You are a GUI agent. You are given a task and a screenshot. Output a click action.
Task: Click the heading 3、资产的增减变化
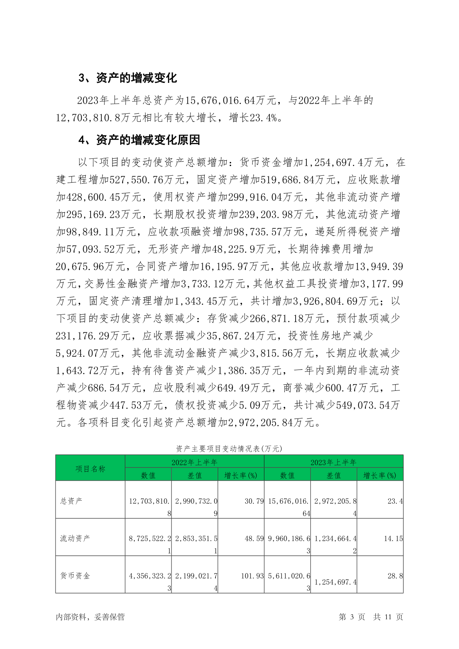pos(128,78)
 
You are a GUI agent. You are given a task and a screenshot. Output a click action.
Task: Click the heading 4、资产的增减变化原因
pos(139,140)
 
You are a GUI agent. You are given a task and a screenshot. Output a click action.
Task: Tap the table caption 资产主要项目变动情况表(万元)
pos(229,449)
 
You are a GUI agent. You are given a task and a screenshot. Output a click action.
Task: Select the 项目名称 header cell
pos(90,469)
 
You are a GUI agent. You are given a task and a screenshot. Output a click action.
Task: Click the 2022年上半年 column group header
pos(194,462)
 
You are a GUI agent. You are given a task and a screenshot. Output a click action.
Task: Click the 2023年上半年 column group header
pos(333,462)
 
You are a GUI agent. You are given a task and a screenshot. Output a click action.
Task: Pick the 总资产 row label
pos(71,501)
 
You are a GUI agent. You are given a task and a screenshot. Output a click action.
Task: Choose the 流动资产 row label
pos(75,538)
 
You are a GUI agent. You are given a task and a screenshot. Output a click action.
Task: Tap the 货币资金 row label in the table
pos(75,576)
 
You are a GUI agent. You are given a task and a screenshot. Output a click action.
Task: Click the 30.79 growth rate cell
pos(254,501)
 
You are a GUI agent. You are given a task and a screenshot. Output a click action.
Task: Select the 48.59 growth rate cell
pos(254,538)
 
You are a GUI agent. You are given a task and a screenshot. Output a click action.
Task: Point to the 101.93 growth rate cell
pos(252,576)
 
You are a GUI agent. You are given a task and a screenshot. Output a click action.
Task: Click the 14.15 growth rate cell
pos(393,538)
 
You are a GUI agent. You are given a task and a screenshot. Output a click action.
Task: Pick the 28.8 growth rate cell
pos(395,576)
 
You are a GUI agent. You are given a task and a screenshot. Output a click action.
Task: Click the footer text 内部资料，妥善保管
pos(90,617)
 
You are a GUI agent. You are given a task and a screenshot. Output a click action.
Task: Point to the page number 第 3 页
pos(351,617)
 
